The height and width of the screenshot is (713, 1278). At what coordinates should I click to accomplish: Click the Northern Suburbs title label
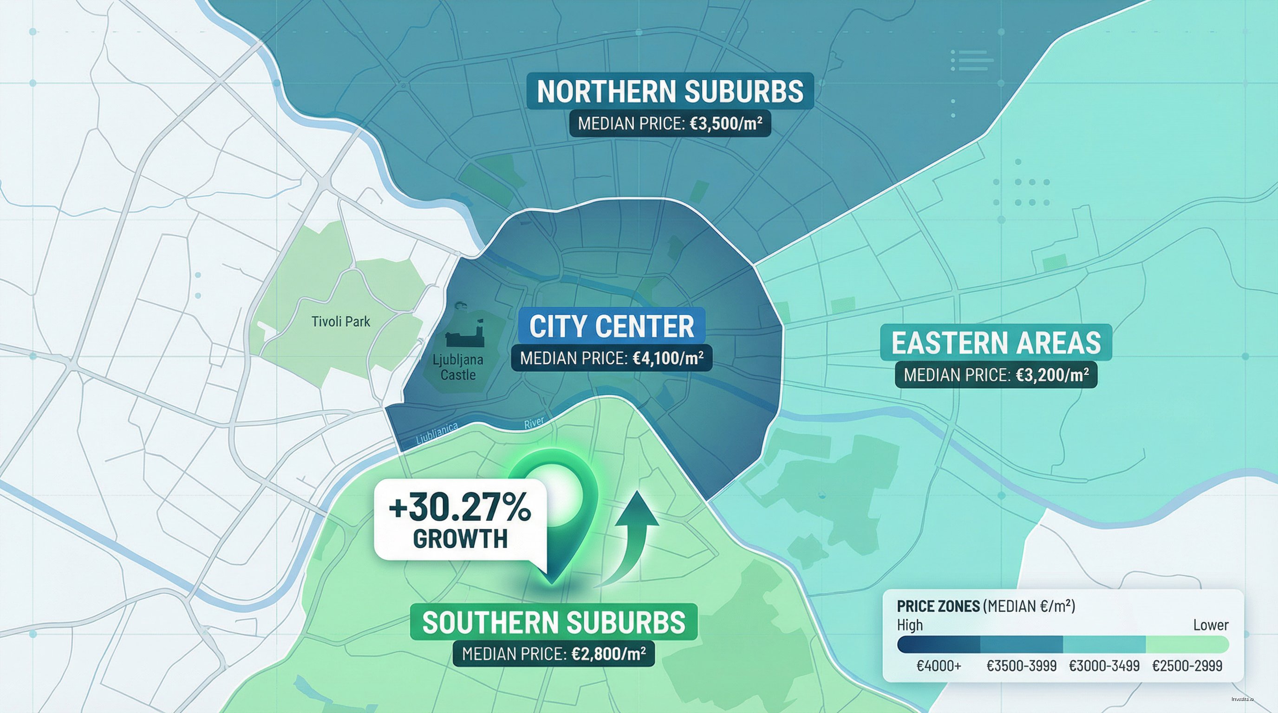[x=670, y=91]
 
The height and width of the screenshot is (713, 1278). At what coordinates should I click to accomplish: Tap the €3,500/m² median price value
[x=726, y=123]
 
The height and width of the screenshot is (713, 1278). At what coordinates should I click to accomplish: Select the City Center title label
[x=611, y=326]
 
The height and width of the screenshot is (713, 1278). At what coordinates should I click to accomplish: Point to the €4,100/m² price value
[x=668, y=358]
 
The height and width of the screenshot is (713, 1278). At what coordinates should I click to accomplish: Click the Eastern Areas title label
[x=996, y=343]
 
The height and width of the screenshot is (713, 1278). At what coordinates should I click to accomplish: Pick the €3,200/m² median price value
[x=1052, y=375]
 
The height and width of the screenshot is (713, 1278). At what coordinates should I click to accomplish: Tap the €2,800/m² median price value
[x=609, y=654]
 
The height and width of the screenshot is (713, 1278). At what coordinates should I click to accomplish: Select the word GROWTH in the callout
[x=460, y=538]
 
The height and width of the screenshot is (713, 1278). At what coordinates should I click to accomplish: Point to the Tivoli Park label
[x=340, y=322]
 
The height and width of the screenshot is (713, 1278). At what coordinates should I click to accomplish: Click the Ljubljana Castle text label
[x=457, y=367]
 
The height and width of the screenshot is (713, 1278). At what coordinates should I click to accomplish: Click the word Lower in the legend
[x=1211, y=625]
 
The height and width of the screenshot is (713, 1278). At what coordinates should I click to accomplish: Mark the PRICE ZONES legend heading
[x=938, y=606]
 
